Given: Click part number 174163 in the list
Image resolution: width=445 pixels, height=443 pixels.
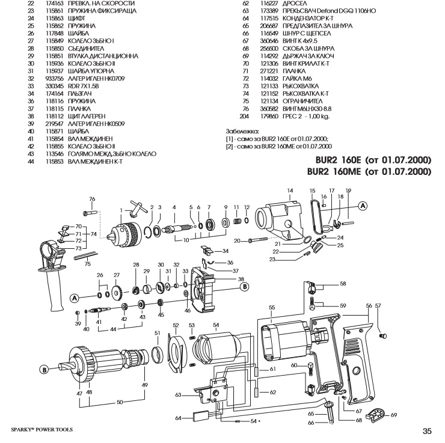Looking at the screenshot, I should (54, 4).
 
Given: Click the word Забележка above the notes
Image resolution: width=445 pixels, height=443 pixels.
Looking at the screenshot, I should (242, 130).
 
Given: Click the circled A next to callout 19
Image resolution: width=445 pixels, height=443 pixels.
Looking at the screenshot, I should (363, 204).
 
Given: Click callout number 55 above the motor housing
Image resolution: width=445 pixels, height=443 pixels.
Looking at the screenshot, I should (272, 307).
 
